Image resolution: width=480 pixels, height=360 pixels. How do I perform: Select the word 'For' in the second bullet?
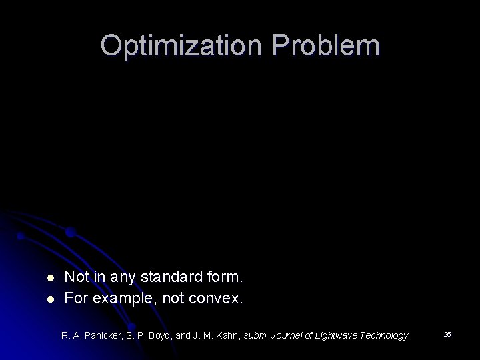77,298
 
